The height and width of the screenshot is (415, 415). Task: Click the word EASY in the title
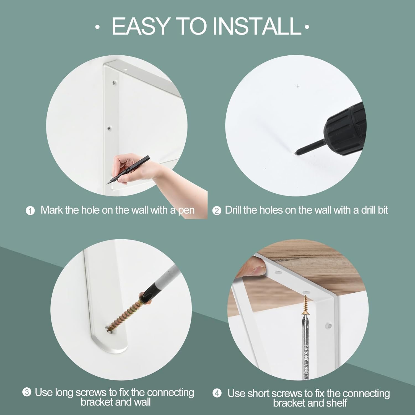(x=141, y=26)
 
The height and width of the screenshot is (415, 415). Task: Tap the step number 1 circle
(x=30, y=211)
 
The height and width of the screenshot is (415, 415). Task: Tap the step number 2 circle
(x=217, y=211)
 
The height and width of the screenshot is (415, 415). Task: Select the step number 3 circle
(x=27, y=392)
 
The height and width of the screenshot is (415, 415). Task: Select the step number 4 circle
(x=217, y=393)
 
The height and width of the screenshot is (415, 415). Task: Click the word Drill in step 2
(x=233, y=210)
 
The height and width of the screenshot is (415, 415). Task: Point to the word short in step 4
(x=258, y=393)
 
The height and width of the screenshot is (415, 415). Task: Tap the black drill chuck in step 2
(x=346, y=129)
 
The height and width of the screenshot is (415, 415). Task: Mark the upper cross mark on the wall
(x=298, y=86)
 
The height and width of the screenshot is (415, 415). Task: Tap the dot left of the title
(x=97, y=27)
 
